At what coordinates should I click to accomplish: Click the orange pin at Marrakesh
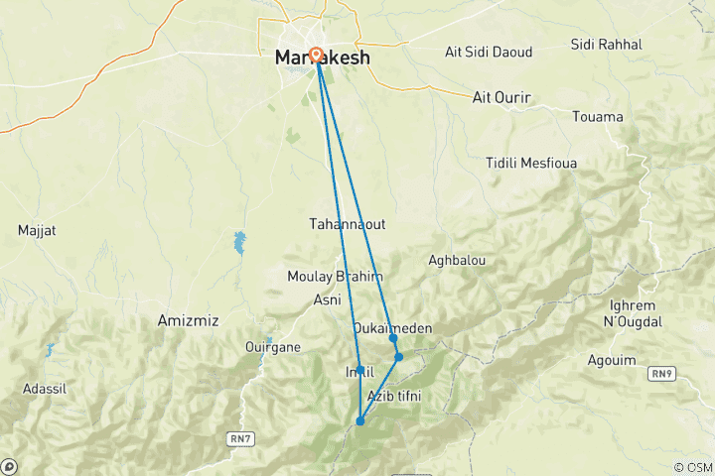click(x=316, y=55)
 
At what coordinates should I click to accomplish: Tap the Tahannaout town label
click(x=347, y=224)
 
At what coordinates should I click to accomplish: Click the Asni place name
click(x=327, y=299)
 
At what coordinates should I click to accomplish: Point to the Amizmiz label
click(x=188, y=320)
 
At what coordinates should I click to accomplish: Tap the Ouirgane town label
click(x=272, y=347)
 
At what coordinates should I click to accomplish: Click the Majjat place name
click(x=37, y=231)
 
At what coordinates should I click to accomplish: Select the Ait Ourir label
click(x=501, y=97)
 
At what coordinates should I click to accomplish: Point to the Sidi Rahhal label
click(x=607, y=45)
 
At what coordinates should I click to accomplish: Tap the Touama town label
click(x=598, y=117)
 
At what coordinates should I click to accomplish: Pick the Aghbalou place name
click(x=456, y=260)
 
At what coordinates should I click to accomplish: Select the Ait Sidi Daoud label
click(x=488, y=52)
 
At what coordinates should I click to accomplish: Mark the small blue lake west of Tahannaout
click(x=239, y=241)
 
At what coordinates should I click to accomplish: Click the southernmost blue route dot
click(x=359, y=421)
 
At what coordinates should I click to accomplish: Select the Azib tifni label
click(x=394, y=397)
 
